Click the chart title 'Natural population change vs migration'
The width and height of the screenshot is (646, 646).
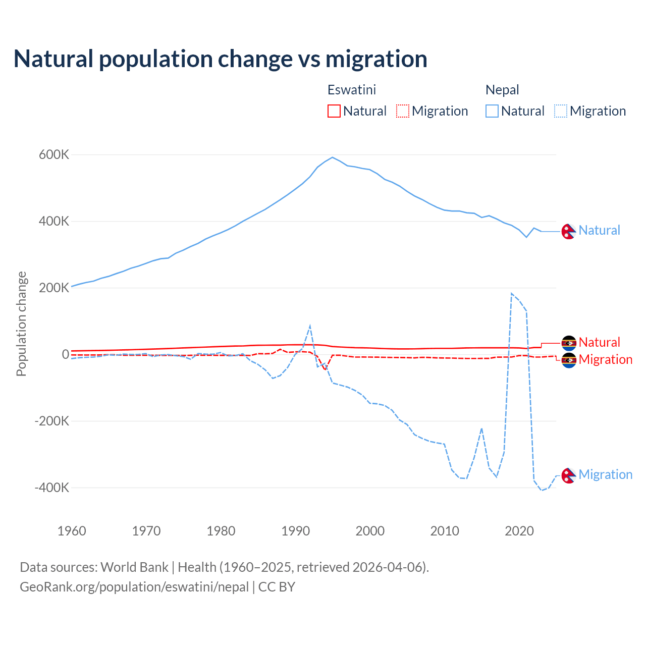point(221,59)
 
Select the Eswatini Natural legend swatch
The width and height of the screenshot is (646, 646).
point(334,111)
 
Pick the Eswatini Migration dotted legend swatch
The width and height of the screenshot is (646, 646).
point(403,111)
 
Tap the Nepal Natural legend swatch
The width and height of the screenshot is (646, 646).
point(492,111)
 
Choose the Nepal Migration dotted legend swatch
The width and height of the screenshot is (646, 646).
point(561,111)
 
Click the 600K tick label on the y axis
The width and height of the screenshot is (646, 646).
point(54,155)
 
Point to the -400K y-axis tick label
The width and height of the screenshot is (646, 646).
point(52,488)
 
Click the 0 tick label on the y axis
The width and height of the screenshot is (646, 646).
point(65,355)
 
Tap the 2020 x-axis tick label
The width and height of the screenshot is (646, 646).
point(519,531)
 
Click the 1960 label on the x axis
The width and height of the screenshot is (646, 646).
point(72,531)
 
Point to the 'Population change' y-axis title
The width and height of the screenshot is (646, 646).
point(21,324)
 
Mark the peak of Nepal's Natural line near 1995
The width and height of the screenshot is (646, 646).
point(332,157)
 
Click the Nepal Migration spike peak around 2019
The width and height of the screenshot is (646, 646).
point(512,293)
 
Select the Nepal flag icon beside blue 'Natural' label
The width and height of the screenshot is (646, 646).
point(569,231)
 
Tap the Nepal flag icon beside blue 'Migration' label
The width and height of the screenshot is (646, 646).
point(569,475)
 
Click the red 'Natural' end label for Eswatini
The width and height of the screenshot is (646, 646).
point(599,342)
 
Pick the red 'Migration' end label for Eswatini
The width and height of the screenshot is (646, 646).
point(605,360)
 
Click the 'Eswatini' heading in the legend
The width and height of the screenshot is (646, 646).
point(352,90)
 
